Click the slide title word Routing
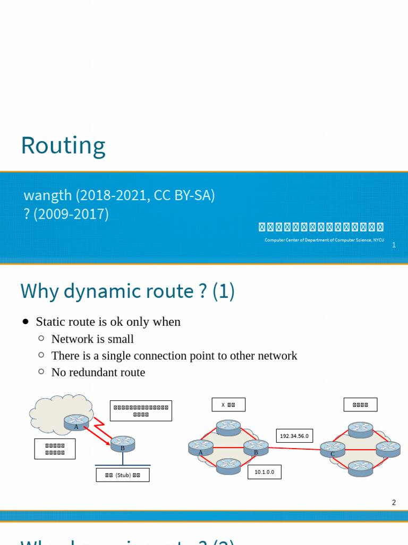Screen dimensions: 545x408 (63, 146)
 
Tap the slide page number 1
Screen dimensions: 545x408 (394, 245)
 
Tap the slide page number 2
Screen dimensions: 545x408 (394, 502)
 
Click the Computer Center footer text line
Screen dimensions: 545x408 (324, 240)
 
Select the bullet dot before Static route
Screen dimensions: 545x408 (26, 321)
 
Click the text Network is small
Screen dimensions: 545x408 (92, 339)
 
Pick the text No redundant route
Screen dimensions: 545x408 (98, 372)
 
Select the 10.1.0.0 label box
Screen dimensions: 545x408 (264, 472)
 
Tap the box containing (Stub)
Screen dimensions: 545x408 (123, 475)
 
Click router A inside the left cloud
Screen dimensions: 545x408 (76, 422)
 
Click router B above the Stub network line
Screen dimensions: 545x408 (123, 443)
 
